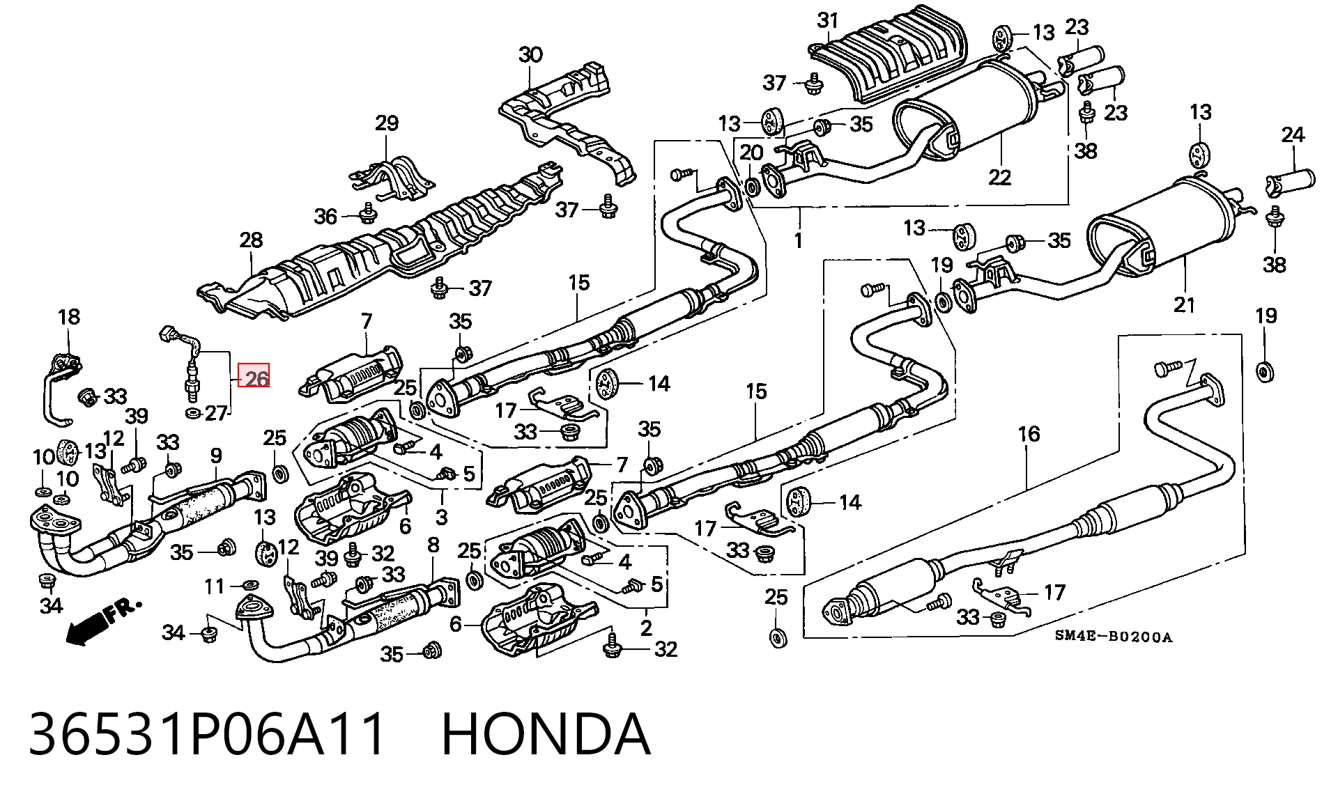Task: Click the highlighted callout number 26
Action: pyautogui.click(x=254, y=378)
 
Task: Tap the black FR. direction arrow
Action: pyautogui.click(x=85, y=631)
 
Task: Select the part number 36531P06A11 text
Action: pyautogui.click(x=207, y=734)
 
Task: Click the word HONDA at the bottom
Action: pyautogui.click(x=546, y=734)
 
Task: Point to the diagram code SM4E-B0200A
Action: pyautogui.click(x=1113, y=636)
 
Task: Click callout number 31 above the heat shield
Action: pyautogui.click(x=828, y=20)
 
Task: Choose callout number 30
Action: pyautogui.click(x=530, y=54)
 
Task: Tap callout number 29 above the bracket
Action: pyautogui.click(x=387, y=123)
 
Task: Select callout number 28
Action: pyautogui.click(x=251, y=240)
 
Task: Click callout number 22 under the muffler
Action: pyautogui.click(x=999, y=177)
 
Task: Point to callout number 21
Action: pyautogui.click(x=1184, y=304)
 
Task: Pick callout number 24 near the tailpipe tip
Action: pyautogui.click(x=1293, y=134)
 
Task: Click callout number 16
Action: pyautogui.click(x=1029, y=434)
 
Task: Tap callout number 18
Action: pyautogui.click(x=68, y=317)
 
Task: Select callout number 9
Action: pyautogui.click(x=216, y=456)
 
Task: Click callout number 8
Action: pyautogui.click(x=433, y=545)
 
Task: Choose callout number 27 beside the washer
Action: pyautogui.click(x=216, y=413)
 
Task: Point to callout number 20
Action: pyautogui.click(x=751, y=152)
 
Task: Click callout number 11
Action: pyautogui.click(x=215, y=586)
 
